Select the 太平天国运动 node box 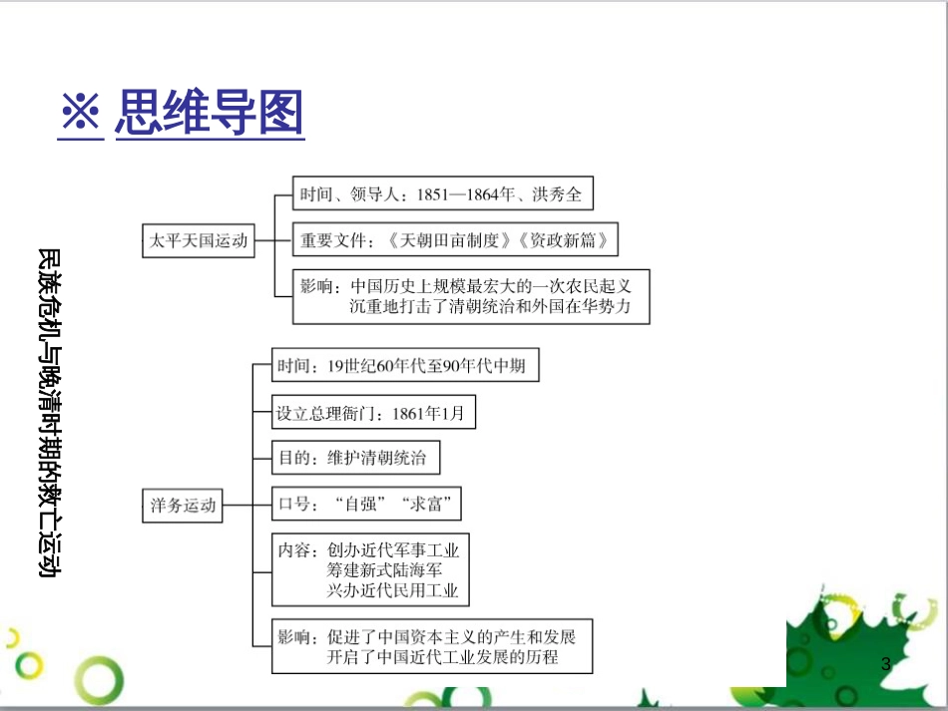pos(199,240)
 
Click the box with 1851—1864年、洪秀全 pos(443,194)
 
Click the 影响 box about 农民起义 pos(471,296)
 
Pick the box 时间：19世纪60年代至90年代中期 pos(405,366)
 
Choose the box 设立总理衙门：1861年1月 pos(374,413)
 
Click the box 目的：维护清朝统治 pos(356,459)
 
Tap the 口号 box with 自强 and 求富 pos(368,506)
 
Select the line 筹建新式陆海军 pos(385,570)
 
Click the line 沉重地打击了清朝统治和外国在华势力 pos(490,307)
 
